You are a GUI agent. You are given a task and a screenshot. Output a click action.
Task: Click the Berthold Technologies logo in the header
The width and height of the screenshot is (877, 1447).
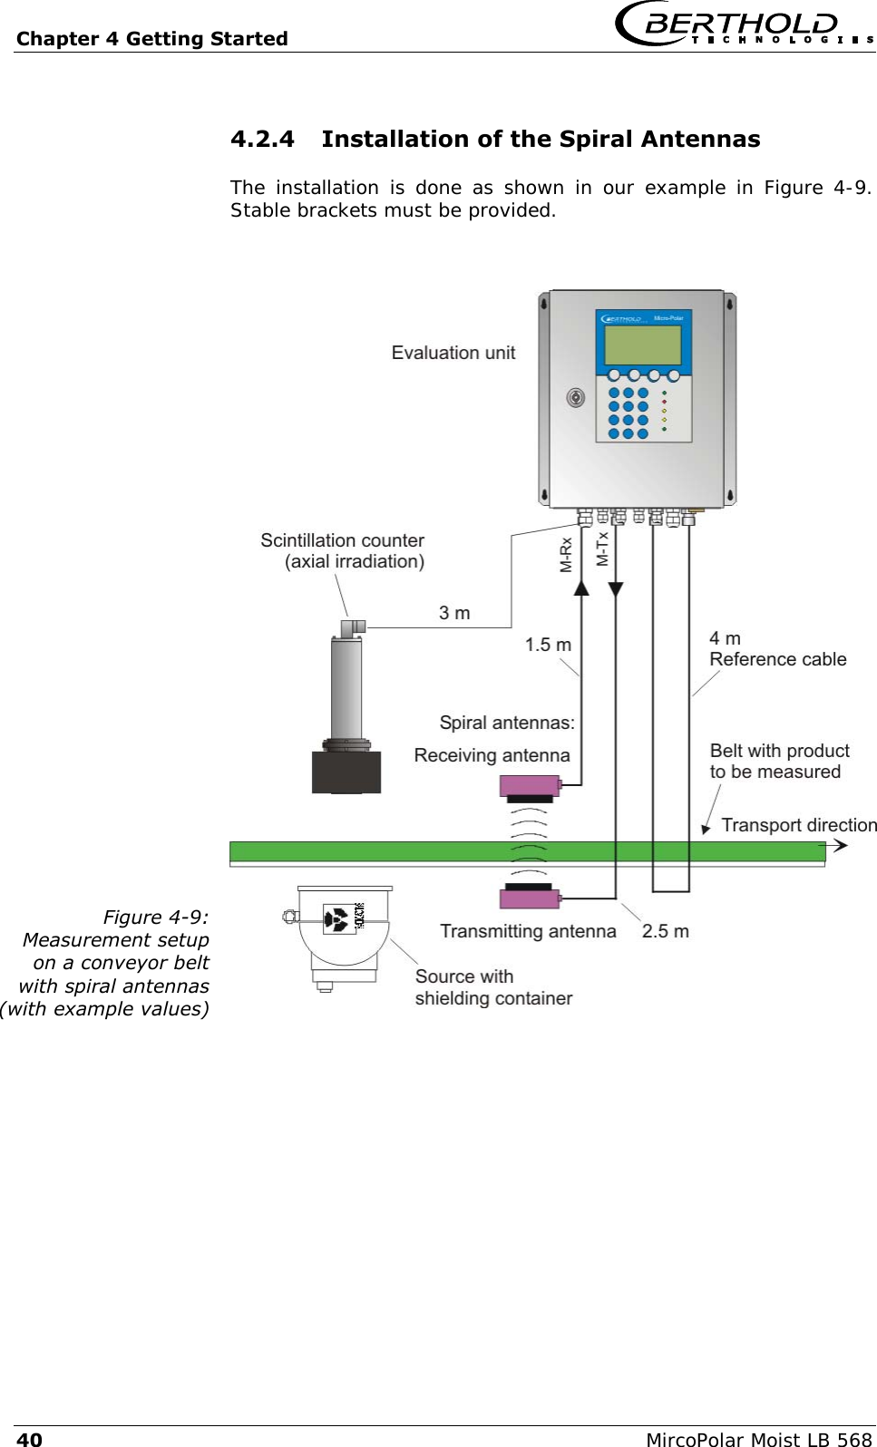pos(744,25)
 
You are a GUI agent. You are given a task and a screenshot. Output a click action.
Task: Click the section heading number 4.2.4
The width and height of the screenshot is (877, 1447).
pos(262,139)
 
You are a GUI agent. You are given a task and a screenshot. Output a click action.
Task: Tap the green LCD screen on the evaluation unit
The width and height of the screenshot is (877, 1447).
pos(642,345)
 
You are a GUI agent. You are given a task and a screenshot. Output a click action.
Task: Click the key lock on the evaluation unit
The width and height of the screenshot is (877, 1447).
pos(575,397)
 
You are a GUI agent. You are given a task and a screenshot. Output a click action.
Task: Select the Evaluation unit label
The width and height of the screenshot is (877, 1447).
pos(453,353)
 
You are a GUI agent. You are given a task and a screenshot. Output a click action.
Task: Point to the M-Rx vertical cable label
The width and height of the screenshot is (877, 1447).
pos(566,554)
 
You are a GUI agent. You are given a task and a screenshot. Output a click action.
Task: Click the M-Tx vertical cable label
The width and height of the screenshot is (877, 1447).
pos(602,549)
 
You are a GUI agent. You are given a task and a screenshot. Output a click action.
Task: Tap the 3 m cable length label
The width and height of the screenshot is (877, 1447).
pos(454,613)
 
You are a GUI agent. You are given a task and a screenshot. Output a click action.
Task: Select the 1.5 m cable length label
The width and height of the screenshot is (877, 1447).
pos(548,645)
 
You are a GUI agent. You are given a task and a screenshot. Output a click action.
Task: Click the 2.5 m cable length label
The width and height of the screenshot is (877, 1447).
pos(665,931)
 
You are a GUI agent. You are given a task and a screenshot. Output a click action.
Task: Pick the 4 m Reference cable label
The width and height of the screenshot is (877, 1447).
pos(776,649)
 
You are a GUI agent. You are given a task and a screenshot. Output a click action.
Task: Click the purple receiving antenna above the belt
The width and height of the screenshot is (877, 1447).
pos(530,785)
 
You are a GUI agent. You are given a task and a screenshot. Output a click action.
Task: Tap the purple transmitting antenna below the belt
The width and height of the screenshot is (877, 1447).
pos(530,898)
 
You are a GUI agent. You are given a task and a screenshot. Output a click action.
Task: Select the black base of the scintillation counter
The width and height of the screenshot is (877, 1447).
pos(346,772)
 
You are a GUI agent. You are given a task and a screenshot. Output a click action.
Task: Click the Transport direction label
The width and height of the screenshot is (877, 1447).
pos(798,825)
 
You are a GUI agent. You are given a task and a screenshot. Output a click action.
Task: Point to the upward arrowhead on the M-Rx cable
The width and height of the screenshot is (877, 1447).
pos(581,588)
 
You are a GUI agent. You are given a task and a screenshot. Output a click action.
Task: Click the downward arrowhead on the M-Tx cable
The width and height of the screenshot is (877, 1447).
pos(616,589)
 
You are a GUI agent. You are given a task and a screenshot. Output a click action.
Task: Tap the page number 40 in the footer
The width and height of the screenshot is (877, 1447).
pos(29,1439)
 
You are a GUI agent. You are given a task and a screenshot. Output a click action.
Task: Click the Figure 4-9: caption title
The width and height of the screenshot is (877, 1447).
pos(155,917)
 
